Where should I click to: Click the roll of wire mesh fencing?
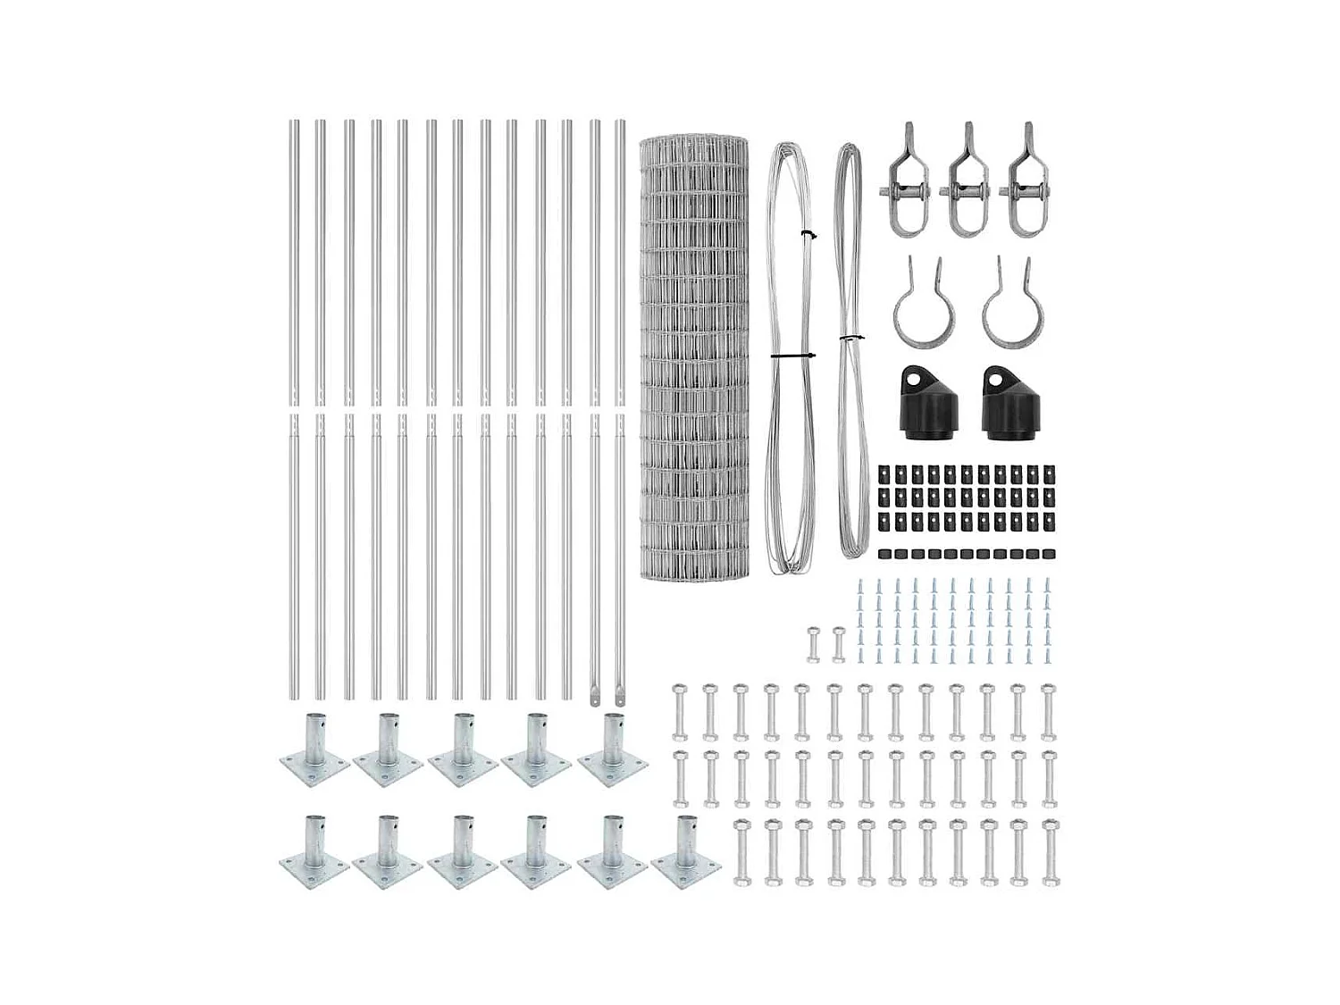pos(695,357)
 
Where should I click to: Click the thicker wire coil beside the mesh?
pos(791,357)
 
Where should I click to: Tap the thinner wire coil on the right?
pos(852,357)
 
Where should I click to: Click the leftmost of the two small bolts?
pos(813,643)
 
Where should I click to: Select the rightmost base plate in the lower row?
pos(685,854)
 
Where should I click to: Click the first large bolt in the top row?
pos(679,712)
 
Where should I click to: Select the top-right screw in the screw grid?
pos(1047,586)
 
